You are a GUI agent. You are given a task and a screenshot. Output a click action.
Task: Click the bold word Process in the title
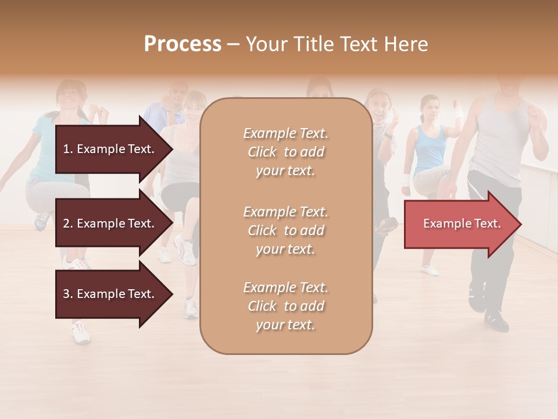point(183,44)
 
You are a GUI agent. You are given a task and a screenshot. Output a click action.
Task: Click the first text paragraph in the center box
point(285,152)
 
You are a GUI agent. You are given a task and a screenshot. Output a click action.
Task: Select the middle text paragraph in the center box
point(285,230)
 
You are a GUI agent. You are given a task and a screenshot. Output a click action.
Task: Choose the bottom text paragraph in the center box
point(285,306)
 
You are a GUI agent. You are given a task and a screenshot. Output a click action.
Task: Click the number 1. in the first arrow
point(68,149)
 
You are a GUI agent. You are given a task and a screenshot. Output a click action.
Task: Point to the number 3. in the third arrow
point(68,294)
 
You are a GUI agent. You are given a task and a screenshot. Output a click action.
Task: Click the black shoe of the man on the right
point(496,319)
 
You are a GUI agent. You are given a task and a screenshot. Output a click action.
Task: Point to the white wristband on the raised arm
point(460,111)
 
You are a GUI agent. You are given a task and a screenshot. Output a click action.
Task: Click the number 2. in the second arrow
point(68,223)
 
